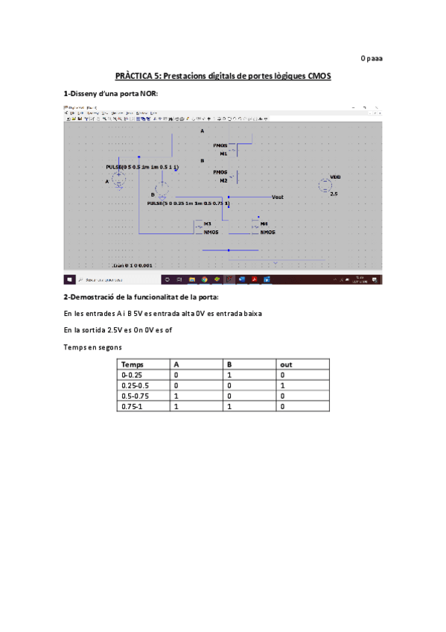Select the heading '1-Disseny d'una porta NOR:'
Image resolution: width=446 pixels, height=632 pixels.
tap(111, 94)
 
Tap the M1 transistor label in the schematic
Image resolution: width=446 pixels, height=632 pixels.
tap(223, 154)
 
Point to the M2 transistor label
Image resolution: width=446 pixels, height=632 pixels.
tap(223, 181)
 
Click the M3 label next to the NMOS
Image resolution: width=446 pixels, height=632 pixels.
tap(208, 224)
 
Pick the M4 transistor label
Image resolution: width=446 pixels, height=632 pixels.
tap(264, 224)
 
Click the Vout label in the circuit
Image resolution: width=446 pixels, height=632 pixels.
tap(278, 197)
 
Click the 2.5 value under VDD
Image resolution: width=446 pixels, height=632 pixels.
tap(334, 195)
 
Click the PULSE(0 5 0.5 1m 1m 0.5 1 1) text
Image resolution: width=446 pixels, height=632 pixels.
tap(142, 168)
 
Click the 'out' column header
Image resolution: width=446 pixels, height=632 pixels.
tap(286, 364)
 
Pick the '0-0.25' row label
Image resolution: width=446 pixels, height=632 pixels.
tap(130, 375)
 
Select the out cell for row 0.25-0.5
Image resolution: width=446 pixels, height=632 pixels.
tap(283, 386)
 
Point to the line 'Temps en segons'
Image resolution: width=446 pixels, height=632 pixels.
tap(93, 347)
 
